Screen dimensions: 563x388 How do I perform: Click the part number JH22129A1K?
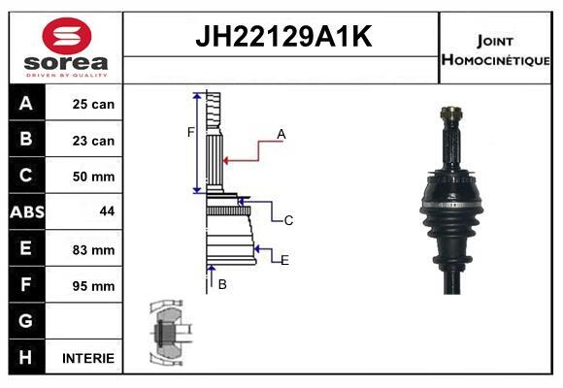(x=283, y=36)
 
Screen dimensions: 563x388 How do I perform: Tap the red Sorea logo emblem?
(x=67, y=36)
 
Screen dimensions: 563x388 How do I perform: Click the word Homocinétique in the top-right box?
(x=495, y=59)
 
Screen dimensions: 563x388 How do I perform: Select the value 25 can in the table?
(x=93, y=104)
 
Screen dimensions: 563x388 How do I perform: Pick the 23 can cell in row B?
(x=93, y=141)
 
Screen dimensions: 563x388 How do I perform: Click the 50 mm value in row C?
(x=94, y=177)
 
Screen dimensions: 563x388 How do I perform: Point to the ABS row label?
(x=27, y=211)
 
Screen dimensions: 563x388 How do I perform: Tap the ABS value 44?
(x=108, y=211)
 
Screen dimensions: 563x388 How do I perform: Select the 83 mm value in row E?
(x=94, y=250)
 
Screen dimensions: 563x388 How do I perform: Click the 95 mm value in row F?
(x=94, y=286)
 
